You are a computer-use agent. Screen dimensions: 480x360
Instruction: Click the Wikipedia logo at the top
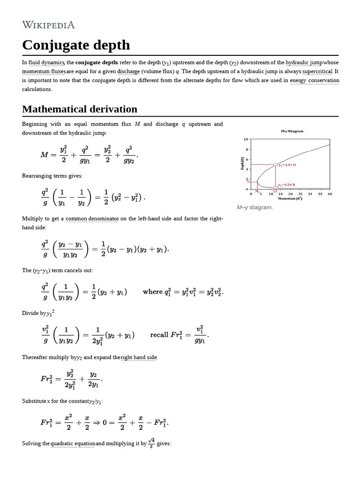48,25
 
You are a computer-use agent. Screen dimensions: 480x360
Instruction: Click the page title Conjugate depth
76,45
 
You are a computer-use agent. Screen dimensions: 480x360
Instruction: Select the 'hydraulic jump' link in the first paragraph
304,63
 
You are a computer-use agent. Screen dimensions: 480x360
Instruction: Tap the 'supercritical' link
317,72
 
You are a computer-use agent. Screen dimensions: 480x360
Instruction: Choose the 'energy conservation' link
314,81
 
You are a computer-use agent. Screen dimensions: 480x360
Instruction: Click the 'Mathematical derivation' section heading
80,109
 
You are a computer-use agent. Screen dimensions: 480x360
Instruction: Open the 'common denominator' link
92,219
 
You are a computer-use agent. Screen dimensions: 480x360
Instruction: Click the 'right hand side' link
139,358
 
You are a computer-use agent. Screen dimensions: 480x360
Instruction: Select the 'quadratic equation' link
73,443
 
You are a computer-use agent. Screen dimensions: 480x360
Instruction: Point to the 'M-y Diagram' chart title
292,132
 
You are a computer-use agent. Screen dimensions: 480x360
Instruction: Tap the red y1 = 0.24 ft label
287,185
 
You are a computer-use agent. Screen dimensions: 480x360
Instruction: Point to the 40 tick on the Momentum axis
330,194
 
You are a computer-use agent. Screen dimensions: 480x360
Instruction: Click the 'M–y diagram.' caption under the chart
255,207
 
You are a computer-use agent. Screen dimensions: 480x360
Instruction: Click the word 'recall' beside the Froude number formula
159,335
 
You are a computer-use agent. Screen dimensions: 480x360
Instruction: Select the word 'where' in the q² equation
152,292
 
